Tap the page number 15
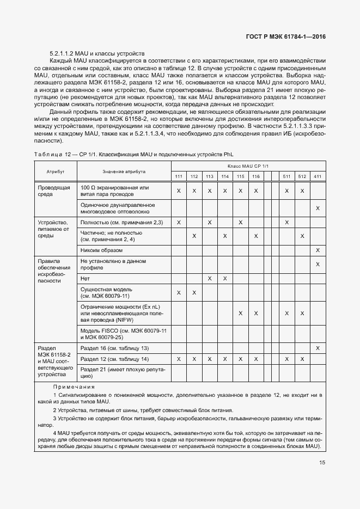322,463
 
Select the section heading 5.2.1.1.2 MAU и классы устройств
97,54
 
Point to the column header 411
318,176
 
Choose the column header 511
286,176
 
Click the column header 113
210,176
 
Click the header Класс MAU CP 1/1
248,165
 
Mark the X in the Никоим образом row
318,250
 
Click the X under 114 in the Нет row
225,278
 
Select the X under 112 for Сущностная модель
194,293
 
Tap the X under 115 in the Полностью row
240,222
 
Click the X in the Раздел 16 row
318,348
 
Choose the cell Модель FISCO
124,334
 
